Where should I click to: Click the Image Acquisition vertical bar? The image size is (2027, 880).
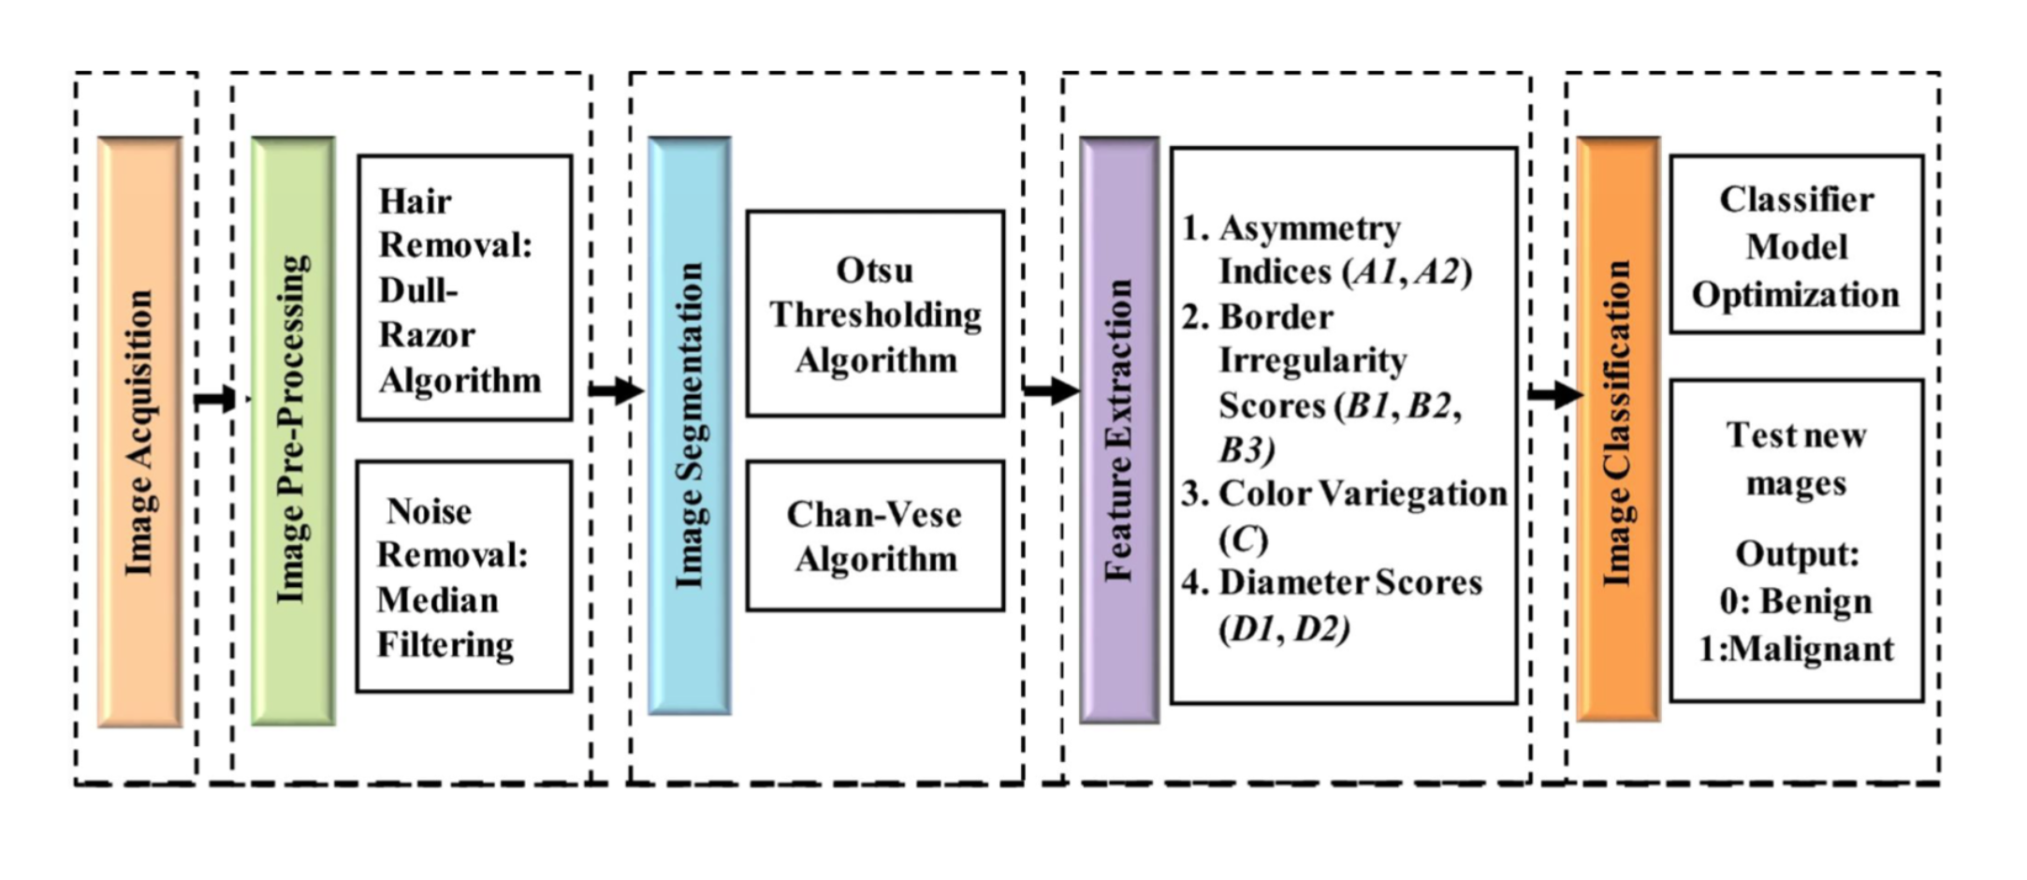tap(139, 432)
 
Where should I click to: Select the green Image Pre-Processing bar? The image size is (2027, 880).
tap(293, 432)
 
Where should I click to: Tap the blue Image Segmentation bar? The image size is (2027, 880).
tap(690, 427)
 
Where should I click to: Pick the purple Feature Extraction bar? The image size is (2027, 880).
tap(1119, 431)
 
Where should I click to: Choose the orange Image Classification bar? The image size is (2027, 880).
tap(1618, 429)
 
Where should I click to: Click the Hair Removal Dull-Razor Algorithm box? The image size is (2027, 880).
tap(464, 288)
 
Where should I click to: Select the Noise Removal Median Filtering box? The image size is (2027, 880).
tap(463, 577)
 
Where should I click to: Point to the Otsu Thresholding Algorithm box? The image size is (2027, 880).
tap(875, 314)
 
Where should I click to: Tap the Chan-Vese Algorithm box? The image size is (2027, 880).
tap(875, 535)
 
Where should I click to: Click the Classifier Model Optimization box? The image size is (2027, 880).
tap(1796, 244)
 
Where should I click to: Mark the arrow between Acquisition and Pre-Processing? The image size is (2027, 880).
tap(216, 399)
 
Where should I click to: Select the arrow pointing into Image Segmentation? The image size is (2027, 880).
tap(616, 389)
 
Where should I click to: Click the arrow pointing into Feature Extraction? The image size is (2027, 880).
tap(1050, 389)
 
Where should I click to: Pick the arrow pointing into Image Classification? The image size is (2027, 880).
tap(1554, 394)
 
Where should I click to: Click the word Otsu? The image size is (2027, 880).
tap(874, 271)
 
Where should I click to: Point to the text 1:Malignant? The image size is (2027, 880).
tap(1796, 649)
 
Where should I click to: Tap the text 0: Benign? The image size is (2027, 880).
tap(1796, 601)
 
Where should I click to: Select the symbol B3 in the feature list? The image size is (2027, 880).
tap(1246, 450)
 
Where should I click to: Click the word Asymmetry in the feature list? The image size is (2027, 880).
tap(1309, 227)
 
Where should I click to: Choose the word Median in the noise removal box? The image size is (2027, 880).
tap(437, 600)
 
